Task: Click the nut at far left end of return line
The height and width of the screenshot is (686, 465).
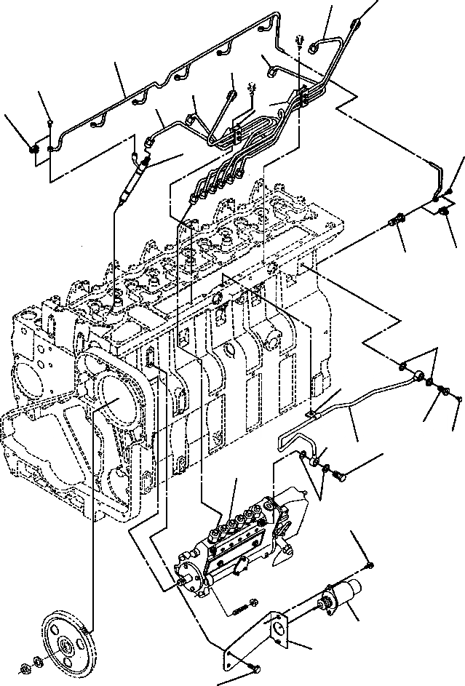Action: (x=33, y=150)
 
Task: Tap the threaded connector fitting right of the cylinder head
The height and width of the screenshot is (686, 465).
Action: (x=397, y=218)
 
